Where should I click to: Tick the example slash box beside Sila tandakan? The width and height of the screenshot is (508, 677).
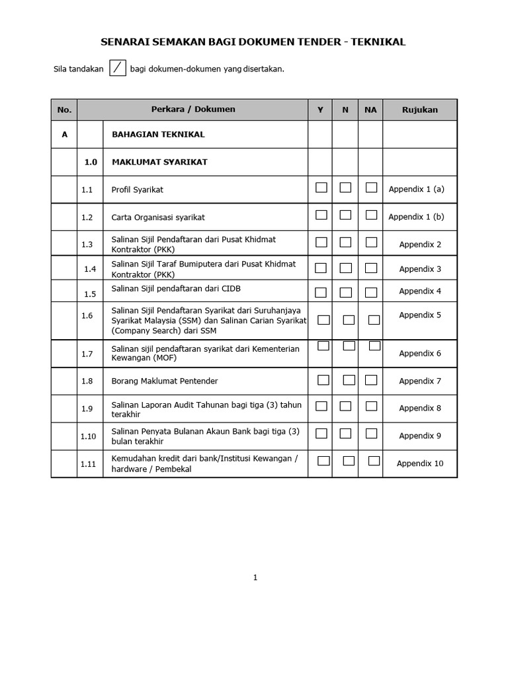click(117, 68)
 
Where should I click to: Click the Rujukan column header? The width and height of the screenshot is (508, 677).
click(420, 110)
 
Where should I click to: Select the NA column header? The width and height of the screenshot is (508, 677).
click(370, 110)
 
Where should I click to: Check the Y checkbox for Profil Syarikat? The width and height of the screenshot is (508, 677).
click(321, 188)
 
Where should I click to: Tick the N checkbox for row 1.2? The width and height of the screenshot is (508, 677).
click(345, 215)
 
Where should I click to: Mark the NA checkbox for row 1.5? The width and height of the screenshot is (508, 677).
click(371, 292)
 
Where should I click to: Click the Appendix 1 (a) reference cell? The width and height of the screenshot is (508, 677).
click(417, 189)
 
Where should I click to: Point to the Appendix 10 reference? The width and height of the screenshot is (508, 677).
click(420, 463)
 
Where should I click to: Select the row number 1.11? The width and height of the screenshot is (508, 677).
click(88, 464)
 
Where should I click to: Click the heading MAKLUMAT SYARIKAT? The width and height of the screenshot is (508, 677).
click(159, 162)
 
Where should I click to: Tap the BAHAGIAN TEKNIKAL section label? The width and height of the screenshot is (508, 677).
click(158, 134)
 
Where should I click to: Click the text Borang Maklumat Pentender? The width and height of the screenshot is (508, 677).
click(165, 381)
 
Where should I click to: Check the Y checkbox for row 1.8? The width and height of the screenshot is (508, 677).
click(323, 380)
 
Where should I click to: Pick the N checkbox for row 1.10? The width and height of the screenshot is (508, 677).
click(345, 434)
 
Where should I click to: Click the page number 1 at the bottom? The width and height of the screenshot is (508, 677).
click(255, 578)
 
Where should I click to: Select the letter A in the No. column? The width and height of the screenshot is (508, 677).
click(65, 134)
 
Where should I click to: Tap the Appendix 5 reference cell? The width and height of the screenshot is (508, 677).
click(420, 315)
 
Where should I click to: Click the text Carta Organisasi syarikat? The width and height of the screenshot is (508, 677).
click(158, 217)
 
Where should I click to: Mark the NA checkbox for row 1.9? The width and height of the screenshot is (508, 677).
click(371, 406)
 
